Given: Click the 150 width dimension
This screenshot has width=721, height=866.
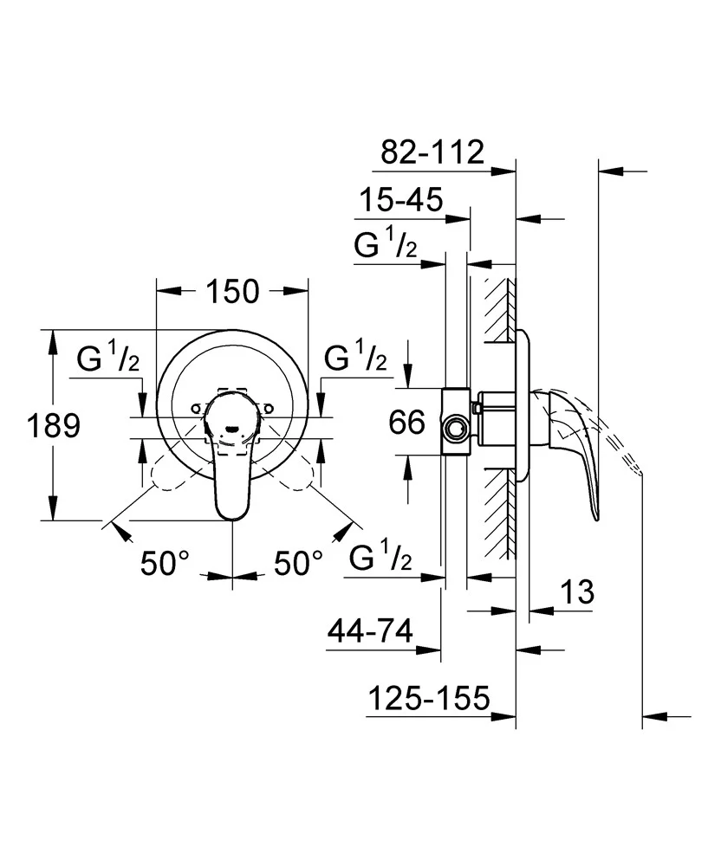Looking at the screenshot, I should pyautogui.click(x=232, y=292).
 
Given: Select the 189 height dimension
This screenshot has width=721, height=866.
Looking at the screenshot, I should pyautogui.click(x=53, y=425).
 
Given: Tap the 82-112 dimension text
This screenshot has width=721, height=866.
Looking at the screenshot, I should pyautogui.click(x=432, y=152).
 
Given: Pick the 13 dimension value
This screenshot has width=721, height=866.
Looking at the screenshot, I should pyautogui.click(x=574, y=593).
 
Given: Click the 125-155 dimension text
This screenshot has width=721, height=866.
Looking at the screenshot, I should pyautogui.click(x=429, y=697).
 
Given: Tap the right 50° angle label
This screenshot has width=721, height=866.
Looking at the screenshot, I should pyautogui.click(x=298, y=564).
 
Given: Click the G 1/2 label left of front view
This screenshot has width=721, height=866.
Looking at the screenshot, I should pyautogui.click(x=108, y=358).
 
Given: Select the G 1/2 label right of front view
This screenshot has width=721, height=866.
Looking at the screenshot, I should pyautogui.click(x=355, y=358).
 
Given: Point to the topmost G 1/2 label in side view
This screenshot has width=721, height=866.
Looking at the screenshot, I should pyautogui.click(x=386, y=246).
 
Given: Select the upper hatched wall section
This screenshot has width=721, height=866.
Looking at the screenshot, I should pyautogui.click(x=500, y=310).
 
